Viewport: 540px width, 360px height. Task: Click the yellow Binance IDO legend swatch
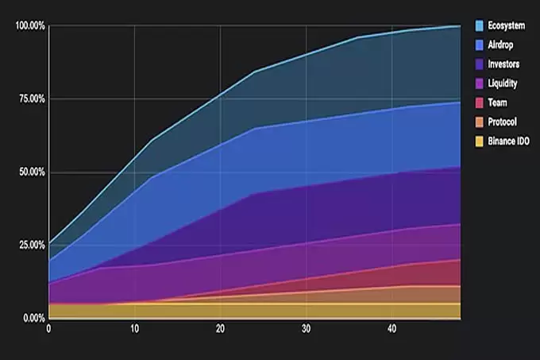coord(480,141)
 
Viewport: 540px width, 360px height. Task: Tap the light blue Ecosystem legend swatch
coord(480,26)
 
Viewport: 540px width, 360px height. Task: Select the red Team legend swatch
coord(480,103)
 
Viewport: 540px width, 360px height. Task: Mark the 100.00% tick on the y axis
coord(29,26)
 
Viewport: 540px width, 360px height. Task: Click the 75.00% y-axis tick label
coord(31,99)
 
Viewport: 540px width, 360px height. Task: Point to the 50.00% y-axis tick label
coord(31,172)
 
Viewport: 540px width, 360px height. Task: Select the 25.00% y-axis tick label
coord(31,245)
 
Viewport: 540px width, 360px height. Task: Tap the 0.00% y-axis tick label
coord(33,318)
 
